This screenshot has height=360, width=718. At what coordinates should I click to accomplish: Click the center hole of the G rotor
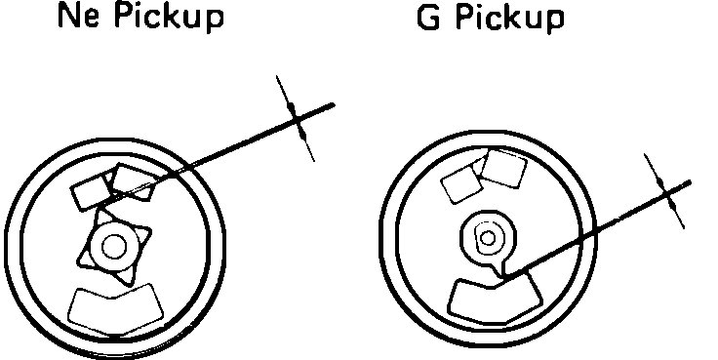click(488, 235)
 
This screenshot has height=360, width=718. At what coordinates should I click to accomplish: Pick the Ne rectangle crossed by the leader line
click(134, 180)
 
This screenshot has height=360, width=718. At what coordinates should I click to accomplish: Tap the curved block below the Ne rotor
click(116, 306)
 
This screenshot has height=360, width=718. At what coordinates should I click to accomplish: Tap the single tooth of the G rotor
click(500, 266)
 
